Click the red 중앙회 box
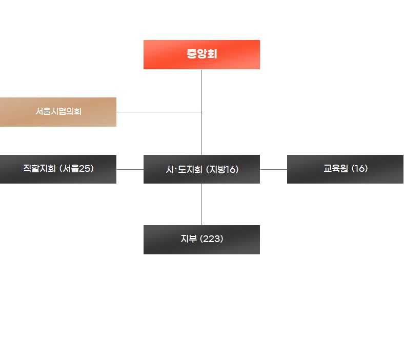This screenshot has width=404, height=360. (201, 54)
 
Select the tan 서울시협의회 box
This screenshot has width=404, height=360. (58, 112)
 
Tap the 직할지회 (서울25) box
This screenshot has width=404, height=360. (58, 169)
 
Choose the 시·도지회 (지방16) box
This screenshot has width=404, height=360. (201, 169)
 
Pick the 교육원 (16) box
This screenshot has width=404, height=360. (345, 169)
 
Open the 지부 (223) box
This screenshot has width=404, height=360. (201, 239)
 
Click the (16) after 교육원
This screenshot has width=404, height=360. (359, 168)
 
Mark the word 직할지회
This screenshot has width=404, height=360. (39, 168)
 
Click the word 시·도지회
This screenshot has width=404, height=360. (184, 170)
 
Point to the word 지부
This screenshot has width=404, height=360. (188, 239)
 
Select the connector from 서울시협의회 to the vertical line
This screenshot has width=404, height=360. (159, 112)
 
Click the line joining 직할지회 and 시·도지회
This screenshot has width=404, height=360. (130, 169)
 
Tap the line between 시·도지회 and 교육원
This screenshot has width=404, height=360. (273, 169)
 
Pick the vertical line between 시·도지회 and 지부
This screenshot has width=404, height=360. (201, 204)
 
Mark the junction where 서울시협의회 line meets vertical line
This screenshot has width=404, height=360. (201, 112)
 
